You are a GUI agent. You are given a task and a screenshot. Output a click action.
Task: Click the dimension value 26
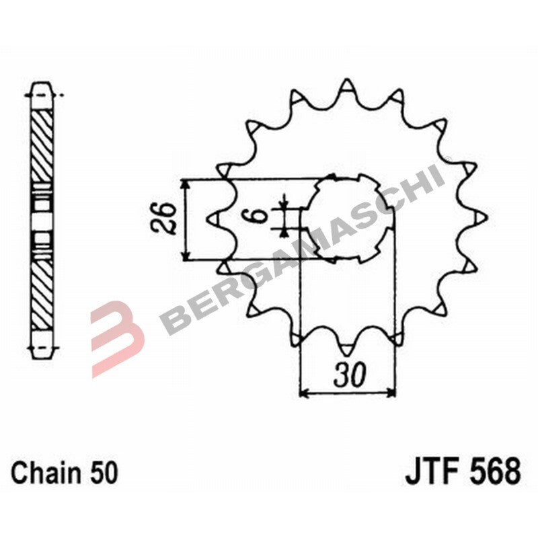click(x=165, y=218)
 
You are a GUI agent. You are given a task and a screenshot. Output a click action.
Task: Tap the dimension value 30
click(x=348, y=375)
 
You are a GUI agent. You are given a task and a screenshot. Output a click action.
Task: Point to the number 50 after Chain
click(x=104, y=473)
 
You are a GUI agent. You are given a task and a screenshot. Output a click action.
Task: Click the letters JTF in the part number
click(x=429, y=471)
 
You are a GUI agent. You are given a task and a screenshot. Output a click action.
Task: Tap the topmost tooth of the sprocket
click(x=346, y=87)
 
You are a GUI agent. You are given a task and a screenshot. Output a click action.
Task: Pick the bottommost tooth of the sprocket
click(x=346, y=350)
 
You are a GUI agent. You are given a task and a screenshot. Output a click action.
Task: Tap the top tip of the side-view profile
click(x=42, y=87)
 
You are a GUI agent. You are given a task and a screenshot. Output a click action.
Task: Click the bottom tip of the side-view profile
click(x=42, y=349)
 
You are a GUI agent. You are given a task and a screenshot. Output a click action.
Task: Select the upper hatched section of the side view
click(x=42, y=145)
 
